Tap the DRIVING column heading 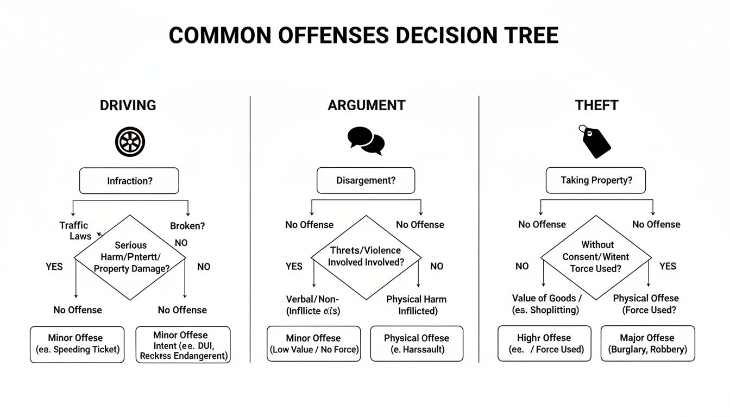click(128, 105)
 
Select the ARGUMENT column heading click(366, 105)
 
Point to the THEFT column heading click(596, 105)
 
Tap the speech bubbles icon click(366, 141)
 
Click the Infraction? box click(129, 181)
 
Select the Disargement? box click(366, 180)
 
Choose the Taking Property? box click(596, 180)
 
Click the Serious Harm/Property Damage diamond click(130, 257)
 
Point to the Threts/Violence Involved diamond click(366, 257)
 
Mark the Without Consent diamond click(596, 257)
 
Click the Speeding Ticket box click(77, 344)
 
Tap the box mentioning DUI click(182, 345)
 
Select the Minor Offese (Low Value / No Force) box click(313, 344)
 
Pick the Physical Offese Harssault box click(417, 344)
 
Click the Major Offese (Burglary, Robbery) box click(647, 344)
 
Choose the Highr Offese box click(544, 344)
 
